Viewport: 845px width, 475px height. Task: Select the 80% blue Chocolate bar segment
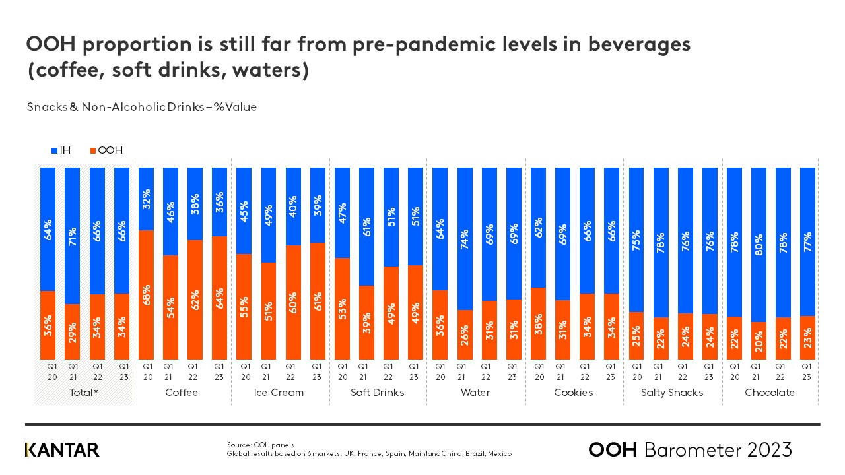click(x=759, y=245)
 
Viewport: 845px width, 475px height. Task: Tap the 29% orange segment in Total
click(x=73, y=332)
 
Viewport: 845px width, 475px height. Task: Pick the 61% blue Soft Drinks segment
click(x=366, y=227)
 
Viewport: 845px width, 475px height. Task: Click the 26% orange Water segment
click(x=465, y=334)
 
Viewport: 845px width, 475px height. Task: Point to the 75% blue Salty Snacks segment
click(x=637, y=239)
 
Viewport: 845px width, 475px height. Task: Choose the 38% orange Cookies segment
click(x=539, y=323)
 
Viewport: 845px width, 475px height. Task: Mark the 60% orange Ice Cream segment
click(x=293, y=302)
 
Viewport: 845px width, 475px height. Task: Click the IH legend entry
click(x=61, y=150)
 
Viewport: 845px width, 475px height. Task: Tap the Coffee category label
click(x=182, y=393)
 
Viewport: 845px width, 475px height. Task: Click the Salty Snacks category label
click(x=671, y=393)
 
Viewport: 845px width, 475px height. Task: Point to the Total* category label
click(x=84, y=393)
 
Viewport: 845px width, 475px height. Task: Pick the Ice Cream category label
click(x=279, y=393)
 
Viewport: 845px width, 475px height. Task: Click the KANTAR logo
click(x=62, y=450)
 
